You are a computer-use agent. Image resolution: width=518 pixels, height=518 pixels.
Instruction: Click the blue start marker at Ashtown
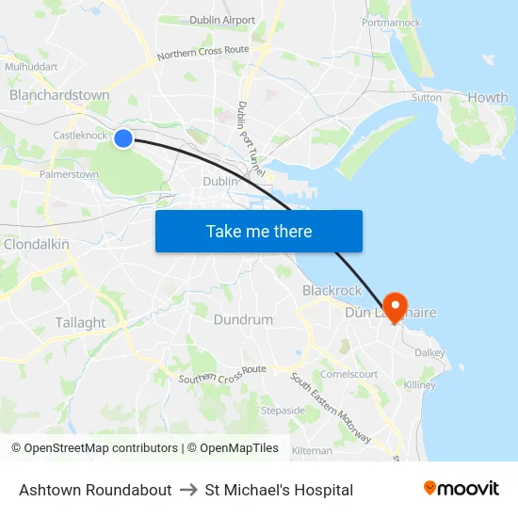[x=123, y=138]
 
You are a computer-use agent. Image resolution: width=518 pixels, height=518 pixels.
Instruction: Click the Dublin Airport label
[x=222, y=20]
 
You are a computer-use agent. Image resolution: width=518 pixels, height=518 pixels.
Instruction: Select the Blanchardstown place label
[x=59, y=95]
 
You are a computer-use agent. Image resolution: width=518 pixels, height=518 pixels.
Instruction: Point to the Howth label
[x=488, y=97]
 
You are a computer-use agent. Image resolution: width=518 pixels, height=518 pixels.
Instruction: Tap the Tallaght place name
[x=80, y=322]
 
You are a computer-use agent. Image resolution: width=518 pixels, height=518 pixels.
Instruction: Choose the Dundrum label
[x=243, y=319]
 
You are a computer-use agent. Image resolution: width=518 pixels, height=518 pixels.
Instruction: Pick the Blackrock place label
[x=332, y=290]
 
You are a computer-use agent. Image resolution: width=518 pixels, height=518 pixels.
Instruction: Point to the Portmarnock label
[x=391, y=22]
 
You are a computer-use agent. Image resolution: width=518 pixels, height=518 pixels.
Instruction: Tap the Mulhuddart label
[x=31, y=67]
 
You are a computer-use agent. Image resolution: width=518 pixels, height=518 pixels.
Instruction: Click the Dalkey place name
[x=429, y=352]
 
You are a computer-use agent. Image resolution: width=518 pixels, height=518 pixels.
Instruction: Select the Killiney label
[x=419, y=385]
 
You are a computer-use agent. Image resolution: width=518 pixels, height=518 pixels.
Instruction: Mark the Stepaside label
[x=283, y=411]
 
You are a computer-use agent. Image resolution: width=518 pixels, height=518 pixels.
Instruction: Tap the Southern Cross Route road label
[x=222, y=375]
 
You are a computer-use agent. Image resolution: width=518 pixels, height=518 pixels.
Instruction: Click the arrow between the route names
[x=188, y=490]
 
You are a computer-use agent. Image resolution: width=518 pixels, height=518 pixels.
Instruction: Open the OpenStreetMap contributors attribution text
[x=101, y=448]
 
